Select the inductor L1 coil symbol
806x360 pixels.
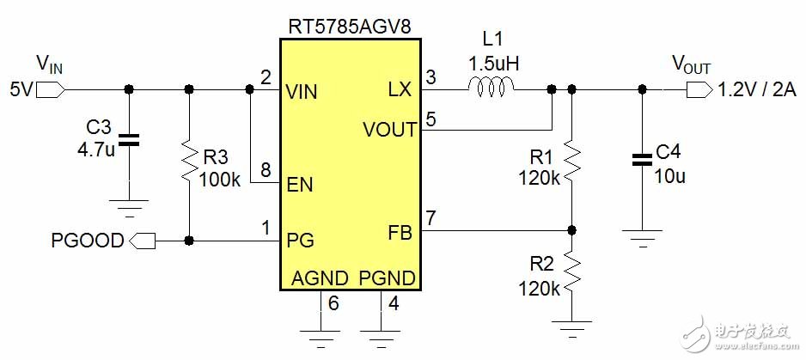[491, 87]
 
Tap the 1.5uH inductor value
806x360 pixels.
[493, 64]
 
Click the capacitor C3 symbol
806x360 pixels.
[129, 139]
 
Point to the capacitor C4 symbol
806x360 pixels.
[642, 159]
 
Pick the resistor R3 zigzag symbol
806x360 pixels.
[189, 161]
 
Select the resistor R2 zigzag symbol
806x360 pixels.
[571, 273]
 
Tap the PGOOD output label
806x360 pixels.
[88, 241]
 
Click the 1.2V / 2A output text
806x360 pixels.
[757, 90]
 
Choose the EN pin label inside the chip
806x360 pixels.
[300, 185]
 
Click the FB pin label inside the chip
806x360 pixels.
[400, 234]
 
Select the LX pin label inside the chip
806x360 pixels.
[400, 91]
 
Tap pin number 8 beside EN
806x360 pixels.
[266, 171]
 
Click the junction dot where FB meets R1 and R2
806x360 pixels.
[571, 229]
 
